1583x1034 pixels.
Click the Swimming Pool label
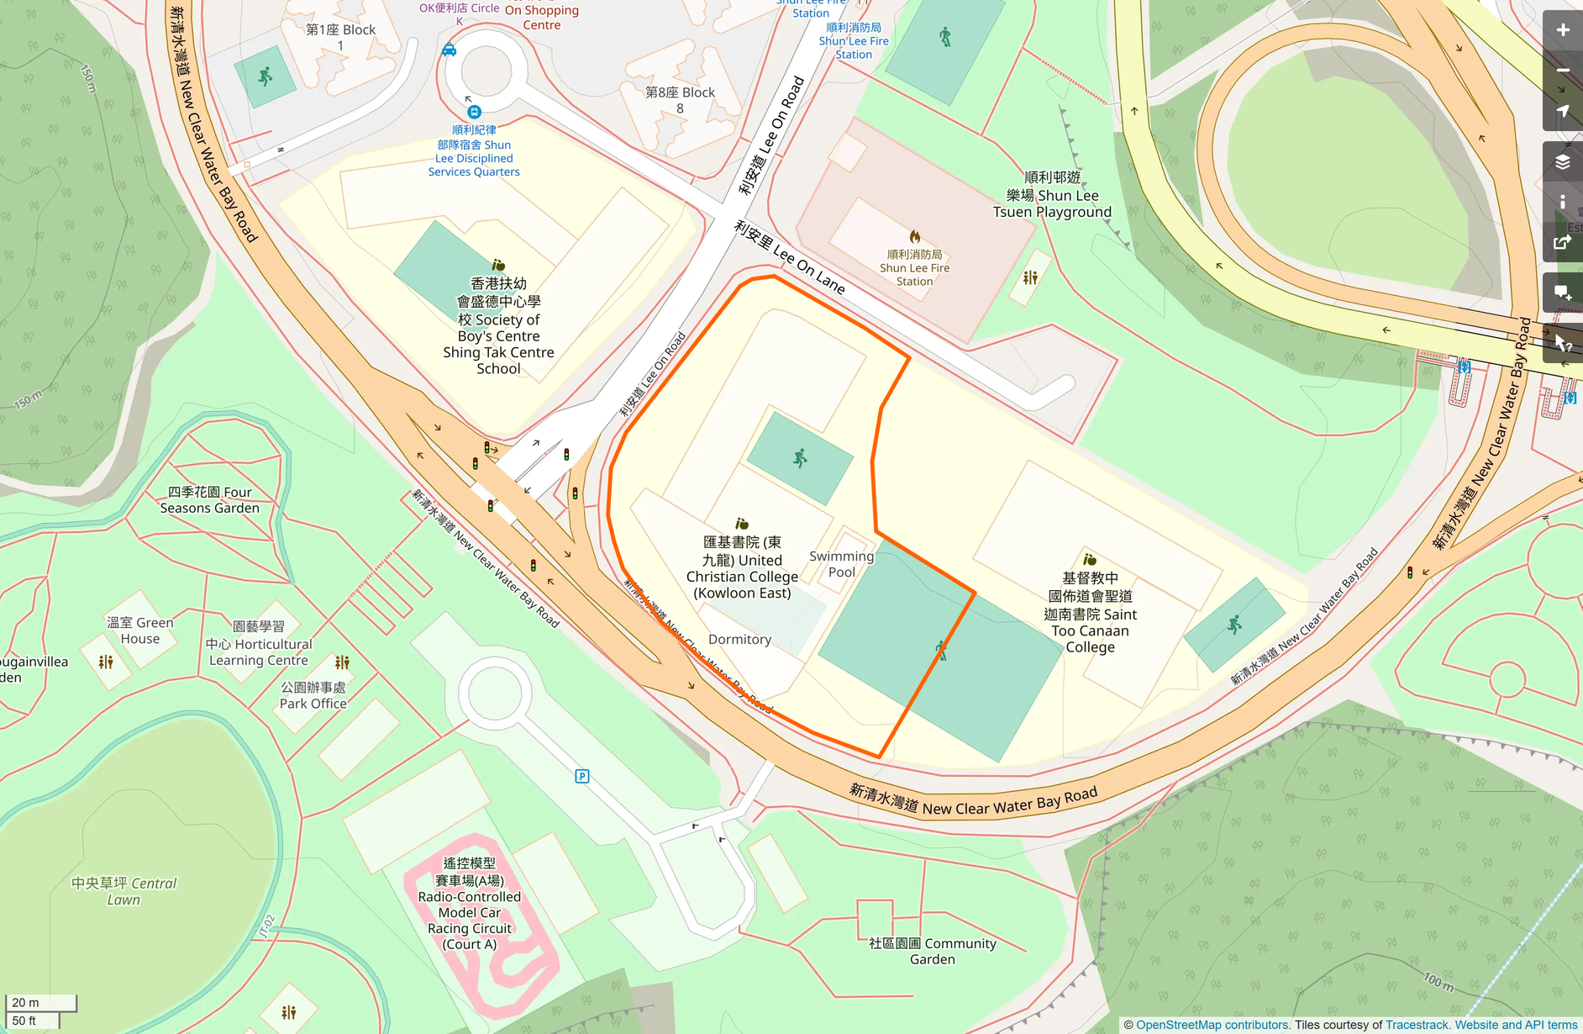pos(841,564)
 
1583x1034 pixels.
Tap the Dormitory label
pos(739,640)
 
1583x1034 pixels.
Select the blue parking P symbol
pos(582,776)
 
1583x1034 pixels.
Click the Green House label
pos(140,630)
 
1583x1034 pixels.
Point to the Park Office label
pos(313,695)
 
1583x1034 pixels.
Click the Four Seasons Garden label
pos(209,500)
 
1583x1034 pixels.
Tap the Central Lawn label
pos(124,891)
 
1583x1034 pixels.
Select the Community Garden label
pos(932,951)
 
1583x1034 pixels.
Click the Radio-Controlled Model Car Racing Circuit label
pos(469,904)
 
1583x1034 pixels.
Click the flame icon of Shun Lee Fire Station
pos(914,237)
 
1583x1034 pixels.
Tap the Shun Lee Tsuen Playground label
pos(1052,195)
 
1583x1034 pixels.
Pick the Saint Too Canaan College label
pos(1090,614)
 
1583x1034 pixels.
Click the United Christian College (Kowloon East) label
pos(741,568)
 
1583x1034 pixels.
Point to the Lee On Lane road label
pos(789,257)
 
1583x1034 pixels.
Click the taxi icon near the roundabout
pos(450,50)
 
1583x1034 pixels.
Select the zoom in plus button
pos(1562,30)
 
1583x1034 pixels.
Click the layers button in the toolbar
pos(1562,161)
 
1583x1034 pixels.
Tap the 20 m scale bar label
pos(25,1002)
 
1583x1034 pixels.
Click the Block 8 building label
pos(680,100)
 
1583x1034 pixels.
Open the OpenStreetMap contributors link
pos(1212,1025)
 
